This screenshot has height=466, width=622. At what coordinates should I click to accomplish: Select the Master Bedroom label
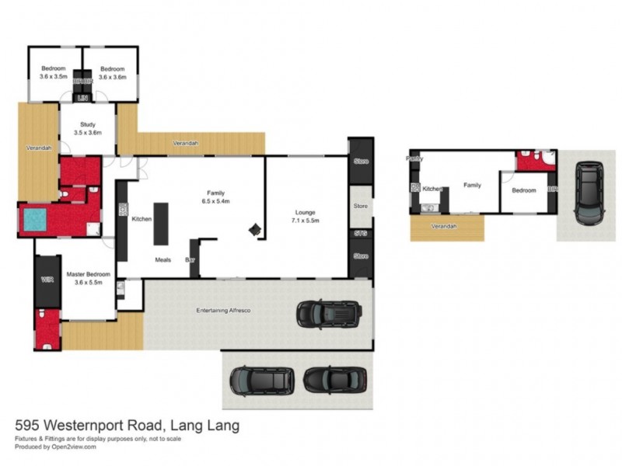[88, 278]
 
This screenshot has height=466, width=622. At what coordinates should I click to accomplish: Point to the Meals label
[162, 259]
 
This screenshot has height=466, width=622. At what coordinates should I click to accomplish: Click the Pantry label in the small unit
[414, 158]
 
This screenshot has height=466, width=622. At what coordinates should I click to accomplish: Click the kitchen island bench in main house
[161, 224]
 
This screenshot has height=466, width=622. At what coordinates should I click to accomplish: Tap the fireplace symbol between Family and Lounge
[254, 229]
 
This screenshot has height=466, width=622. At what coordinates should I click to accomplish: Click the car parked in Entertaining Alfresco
[328, 314]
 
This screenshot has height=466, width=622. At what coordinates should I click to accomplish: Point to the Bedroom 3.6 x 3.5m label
[53, 73]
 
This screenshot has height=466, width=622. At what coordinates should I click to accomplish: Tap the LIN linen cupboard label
[82, 98]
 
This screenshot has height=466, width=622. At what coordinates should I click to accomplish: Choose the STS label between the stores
[360, 232]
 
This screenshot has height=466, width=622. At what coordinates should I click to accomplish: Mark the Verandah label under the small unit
[443, 226]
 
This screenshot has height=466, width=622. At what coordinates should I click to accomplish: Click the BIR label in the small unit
[552, 189]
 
